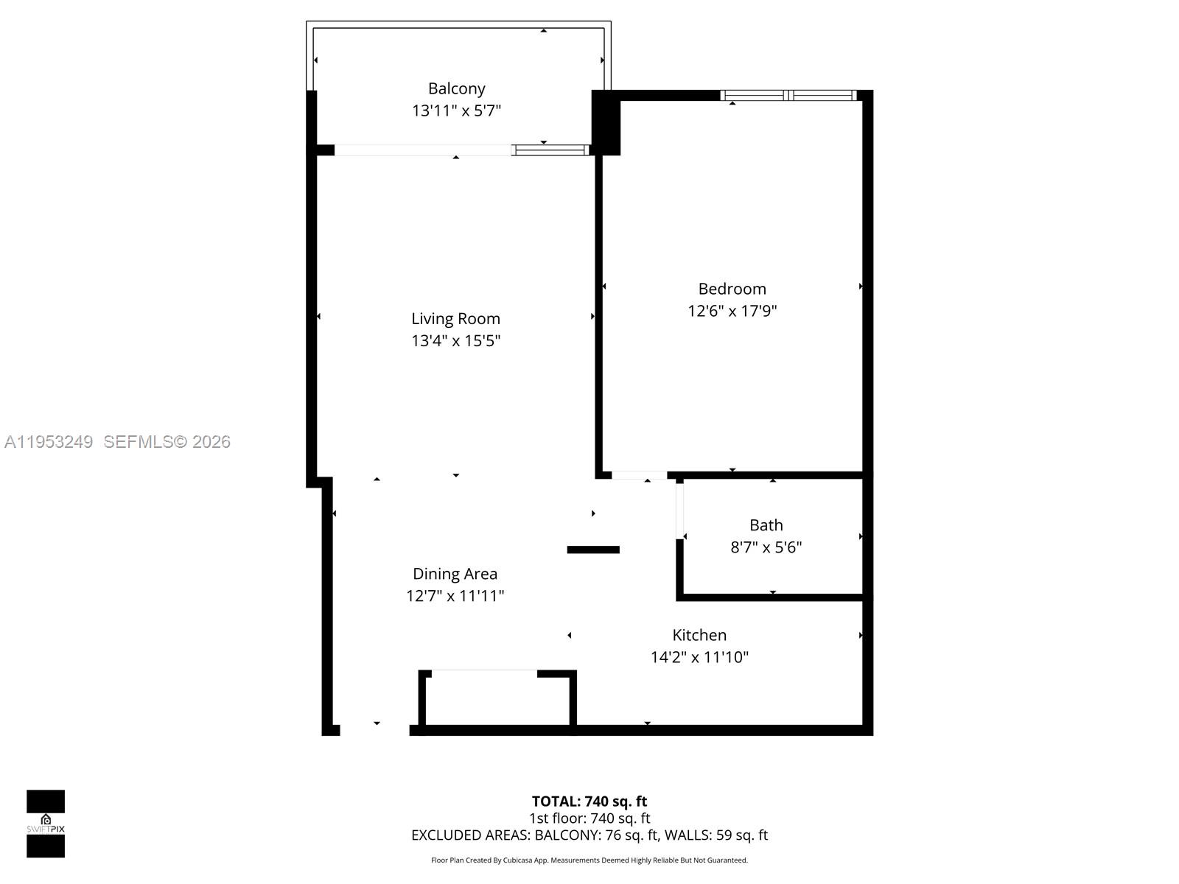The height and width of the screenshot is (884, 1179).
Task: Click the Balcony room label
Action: (x=456, y=88)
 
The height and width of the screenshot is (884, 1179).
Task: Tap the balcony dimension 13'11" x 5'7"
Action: (x=456, y=110)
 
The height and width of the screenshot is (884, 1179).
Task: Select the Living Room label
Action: (x=455, y=318)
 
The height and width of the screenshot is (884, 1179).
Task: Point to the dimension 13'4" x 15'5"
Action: (x=455, y=340)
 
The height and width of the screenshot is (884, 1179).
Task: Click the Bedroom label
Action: (x=732, y=289)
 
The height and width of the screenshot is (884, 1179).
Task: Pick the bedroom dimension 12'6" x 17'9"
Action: (x=732, y=311)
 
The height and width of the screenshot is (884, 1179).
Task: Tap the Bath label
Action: (x=766, y=525)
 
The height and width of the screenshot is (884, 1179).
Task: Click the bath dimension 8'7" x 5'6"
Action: (x=766, y=547)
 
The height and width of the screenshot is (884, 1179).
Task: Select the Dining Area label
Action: (x=455, y=574)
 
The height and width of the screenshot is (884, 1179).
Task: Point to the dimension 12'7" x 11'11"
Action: (x=455, y=596)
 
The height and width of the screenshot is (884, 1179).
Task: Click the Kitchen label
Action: (x=699, y=635)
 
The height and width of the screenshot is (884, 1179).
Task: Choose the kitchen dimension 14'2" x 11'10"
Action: (x=699, y=657)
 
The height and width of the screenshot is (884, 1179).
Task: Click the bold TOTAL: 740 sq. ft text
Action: (x=589, y=801)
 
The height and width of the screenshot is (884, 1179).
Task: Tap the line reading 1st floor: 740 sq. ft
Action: (x=589, y=818)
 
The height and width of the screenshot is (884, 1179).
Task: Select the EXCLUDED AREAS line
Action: (x=589, y=835)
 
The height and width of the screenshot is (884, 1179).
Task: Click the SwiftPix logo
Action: (x=46, y=824)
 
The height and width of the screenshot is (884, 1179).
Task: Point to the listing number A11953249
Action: (x=49, y=442)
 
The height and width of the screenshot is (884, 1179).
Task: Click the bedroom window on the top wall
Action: (x=788, y=95)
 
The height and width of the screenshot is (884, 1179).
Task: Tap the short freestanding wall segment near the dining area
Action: (x=593, y=550)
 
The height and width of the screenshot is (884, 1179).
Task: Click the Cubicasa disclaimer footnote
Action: (x=589, y=860)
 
